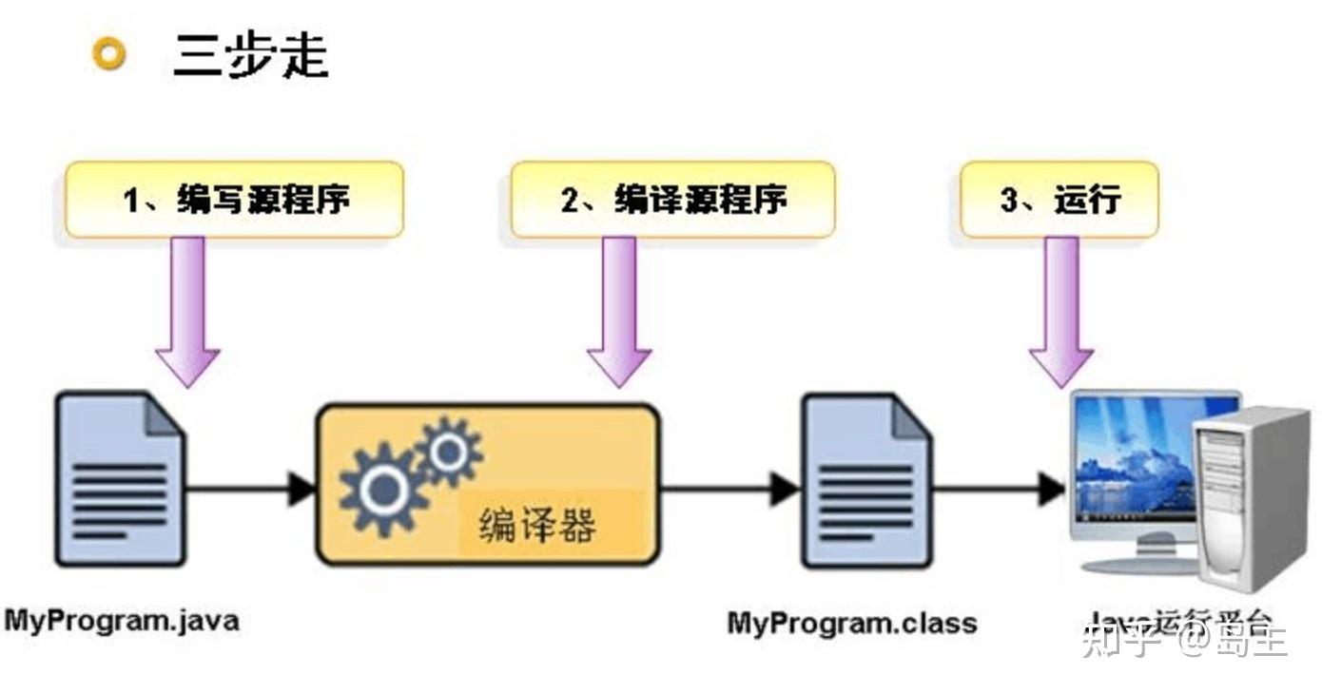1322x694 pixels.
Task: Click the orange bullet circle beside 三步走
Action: pyautogui.click(x=109, y=54)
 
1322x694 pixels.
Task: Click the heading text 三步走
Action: pyautogui.click(x=251, y=55)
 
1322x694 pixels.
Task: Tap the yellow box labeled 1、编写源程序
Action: pyautogui.click(x=234, y=200)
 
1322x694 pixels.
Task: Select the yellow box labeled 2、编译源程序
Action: pyautogui.click(x=672, y=200)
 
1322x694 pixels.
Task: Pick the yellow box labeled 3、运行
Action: pyautogui.click(x=1060, y=200)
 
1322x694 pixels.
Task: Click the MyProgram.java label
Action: pyautogui.click(x=122, y=621)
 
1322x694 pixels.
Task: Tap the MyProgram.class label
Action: pyautogui.click(x=852, y=624)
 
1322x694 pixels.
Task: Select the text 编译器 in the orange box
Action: pyautogui.click(x=537, y=525)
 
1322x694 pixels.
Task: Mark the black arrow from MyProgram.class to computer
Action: pyautogui.click(x=999, y=490)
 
